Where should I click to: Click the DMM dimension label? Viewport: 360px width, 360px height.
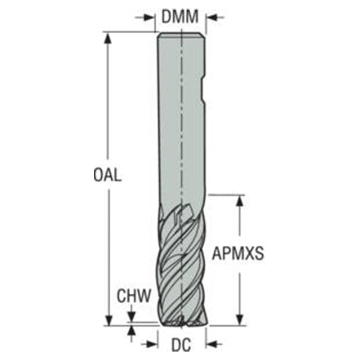(180, 16)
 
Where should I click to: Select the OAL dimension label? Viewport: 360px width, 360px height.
(107, 174)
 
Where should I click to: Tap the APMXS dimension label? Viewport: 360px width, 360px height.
(238, 254)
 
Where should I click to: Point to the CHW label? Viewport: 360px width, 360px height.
(134, 296)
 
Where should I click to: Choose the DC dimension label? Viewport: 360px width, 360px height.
(181, 345)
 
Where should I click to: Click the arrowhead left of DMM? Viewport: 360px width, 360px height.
(148, 17)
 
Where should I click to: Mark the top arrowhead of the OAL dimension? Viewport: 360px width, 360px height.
(108, 38)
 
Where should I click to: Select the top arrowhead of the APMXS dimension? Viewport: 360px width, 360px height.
(240, 201)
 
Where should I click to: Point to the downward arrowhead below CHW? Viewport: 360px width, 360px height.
(131, 317)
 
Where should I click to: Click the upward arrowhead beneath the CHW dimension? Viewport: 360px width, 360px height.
(131, 331)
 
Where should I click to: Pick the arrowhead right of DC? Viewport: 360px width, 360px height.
(211, 344)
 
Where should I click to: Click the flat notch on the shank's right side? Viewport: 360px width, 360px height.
(203, 90)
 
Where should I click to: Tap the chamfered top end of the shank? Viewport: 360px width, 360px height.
(181, 35)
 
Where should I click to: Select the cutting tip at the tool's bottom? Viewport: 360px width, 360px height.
(182, 322)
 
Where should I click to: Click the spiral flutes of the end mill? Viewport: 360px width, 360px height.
(182, 264)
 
